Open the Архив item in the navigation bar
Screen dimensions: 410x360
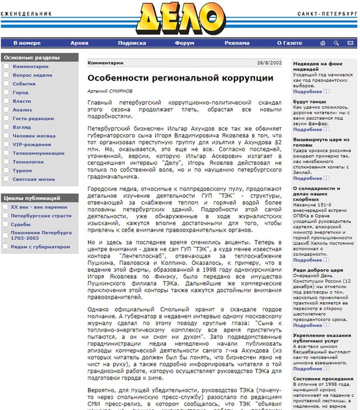pyautogui.click(x=79, y=43)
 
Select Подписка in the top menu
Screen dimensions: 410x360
pyautogui.click(x=132, y=43)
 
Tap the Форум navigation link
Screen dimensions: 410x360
pyautogui.click(x=184, y=43)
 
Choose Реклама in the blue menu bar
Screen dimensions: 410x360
pyautogui.click(x=237, y=43)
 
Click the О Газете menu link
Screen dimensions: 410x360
pyautogui.click(x=290, y=43)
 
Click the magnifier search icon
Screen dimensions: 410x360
pyautogui.click(x=336, y=43)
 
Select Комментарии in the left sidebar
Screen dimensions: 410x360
pyautogui.click(x=30, y=66)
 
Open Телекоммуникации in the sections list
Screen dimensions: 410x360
pyautogui.click(x=39, y=153)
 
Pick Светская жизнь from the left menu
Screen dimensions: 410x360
pyautogui.click(x=33, y=179)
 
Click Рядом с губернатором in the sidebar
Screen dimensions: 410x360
pyautogui.click(x=41, y=247)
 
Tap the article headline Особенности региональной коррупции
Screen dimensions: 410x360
pyautogui.click(x=180, y=78)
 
